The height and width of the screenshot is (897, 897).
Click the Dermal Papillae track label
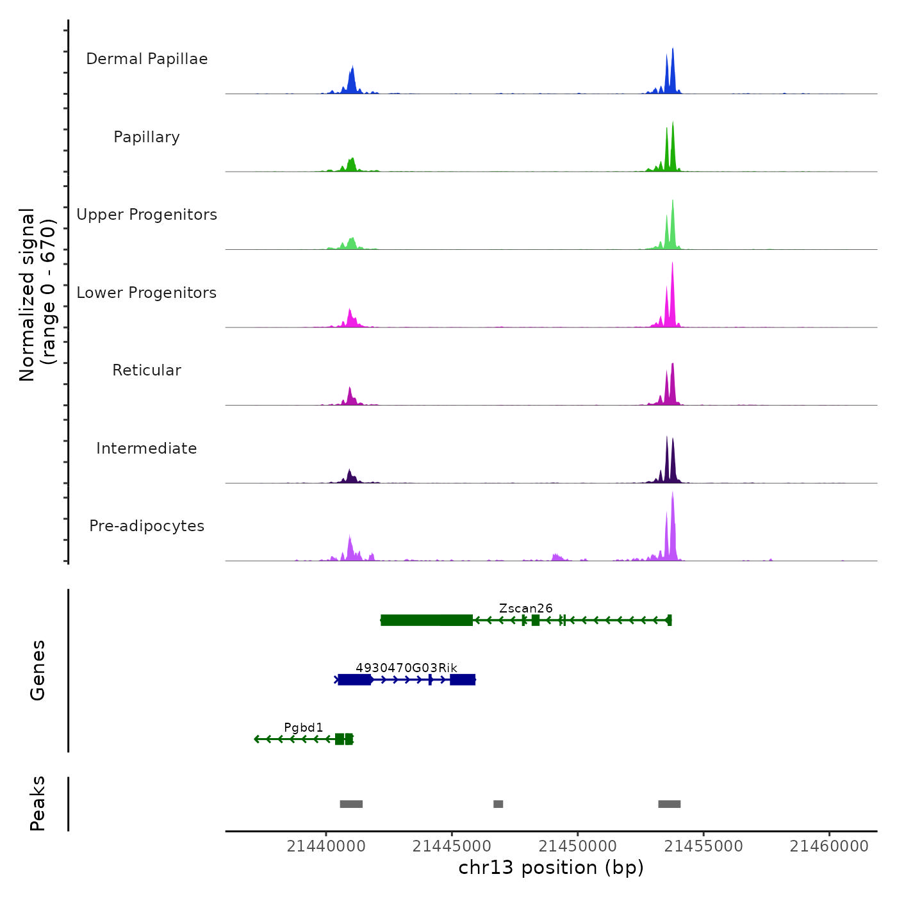147,59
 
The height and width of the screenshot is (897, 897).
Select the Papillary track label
147,137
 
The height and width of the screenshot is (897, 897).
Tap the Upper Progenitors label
147,215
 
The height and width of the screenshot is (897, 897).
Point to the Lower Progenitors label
147,293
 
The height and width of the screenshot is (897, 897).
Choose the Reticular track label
147,370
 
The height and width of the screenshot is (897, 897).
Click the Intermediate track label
147,448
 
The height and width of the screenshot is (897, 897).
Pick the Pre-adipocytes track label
147,526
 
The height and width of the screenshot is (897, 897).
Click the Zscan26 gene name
525,608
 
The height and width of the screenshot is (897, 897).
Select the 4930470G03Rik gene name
406,668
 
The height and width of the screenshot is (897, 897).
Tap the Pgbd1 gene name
304,727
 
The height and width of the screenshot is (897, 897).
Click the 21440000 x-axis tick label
326,846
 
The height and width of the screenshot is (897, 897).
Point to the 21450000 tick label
578,846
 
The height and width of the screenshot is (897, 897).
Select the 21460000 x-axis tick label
829,846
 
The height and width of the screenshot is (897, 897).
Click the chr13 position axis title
551,868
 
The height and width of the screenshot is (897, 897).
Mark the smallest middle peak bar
498,804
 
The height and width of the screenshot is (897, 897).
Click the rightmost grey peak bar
669,804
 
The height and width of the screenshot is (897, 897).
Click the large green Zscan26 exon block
427,620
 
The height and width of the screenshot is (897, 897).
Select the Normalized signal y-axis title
37,295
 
